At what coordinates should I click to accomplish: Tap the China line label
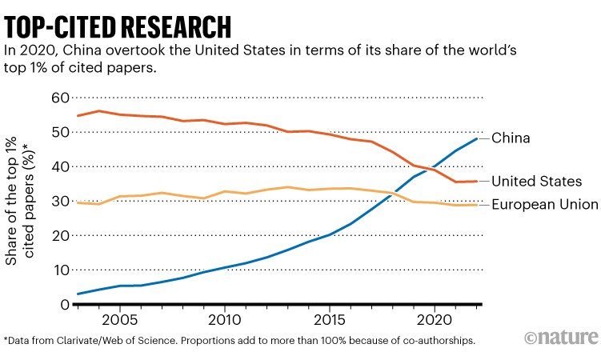point(511,138)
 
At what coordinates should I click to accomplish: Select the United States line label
point(535,182)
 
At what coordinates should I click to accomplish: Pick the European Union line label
point(544,205)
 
